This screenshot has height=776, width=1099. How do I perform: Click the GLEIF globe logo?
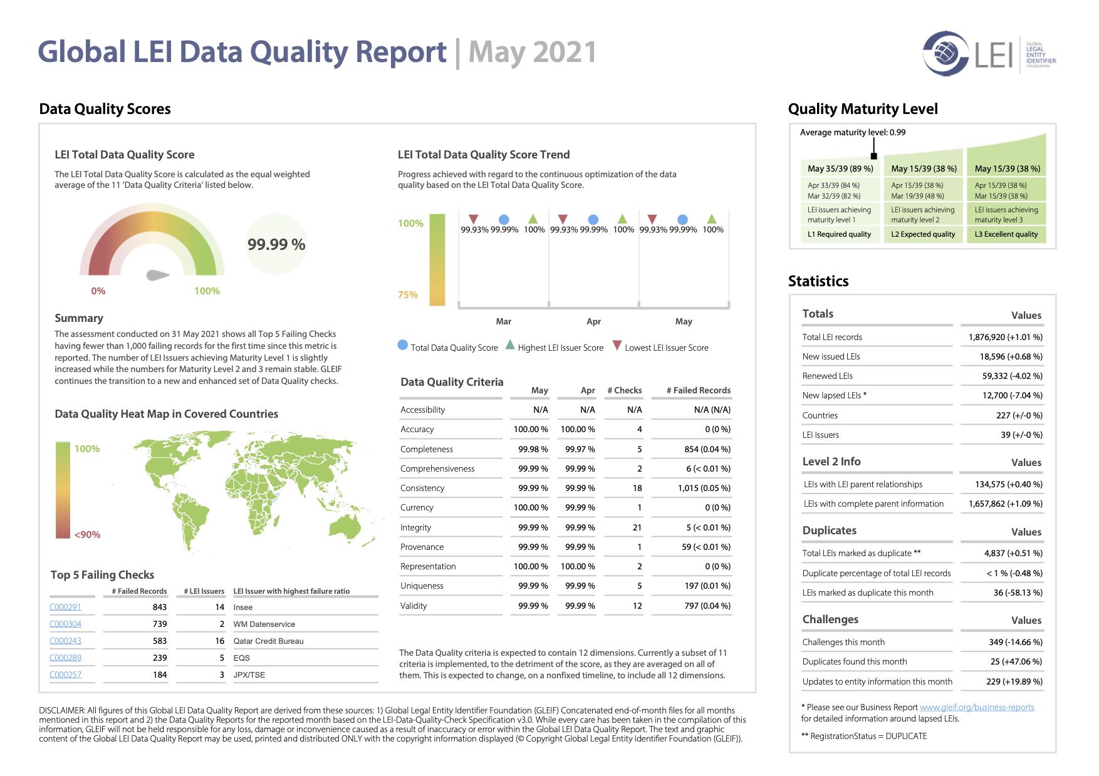[x=945, y=54]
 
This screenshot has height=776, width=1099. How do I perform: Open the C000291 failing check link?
[x=65, y=607]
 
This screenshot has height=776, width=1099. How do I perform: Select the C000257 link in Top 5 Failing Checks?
[x=65, y=675]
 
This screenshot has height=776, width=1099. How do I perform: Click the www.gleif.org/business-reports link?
[x=977, y=707]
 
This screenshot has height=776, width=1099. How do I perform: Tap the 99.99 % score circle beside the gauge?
[x=276, y=244]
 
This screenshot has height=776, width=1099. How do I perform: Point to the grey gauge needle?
[x=158, y=275]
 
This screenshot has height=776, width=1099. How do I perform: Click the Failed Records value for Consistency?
[x=704, y=488]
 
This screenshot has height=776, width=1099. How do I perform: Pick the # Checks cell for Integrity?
[x=637, y=527]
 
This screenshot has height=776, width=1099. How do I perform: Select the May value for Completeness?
[x=533, y=449]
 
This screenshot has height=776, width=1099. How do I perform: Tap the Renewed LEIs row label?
[x=827, y=376]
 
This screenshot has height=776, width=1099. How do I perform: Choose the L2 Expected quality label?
[x=923, y=234]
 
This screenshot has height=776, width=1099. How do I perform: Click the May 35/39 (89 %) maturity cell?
[x=840, y=168]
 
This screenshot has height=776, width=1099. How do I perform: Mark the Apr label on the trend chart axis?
[x=593, y=321]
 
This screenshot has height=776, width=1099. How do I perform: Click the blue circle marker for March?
[x=504, y=219]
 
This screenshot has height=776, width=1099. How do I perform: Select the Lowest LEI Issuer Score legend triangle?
[x=617, y=345]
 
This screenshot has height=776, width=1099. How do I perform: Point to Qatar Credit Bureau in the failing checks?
[x=268, y=641]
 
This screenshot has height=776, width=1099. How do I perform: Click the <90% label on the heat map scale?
[x=87, y=535]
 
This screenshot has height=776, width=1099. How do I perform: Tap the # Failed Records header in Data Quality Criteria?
[x=699, y=390]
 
